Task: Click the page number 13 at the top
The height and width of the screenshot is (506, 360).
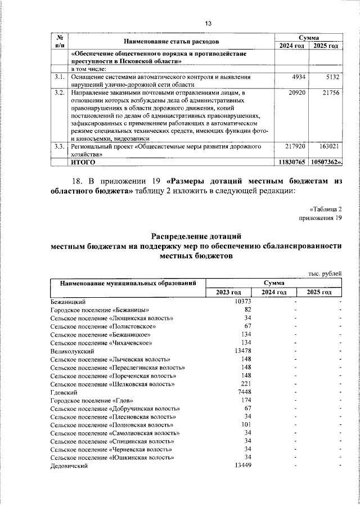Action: (208, 23)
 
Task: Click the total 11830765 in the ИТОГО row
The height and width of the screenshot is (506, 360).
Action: (291, 162)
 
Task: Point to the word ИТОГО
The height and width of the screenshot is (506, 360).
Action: (83, 162)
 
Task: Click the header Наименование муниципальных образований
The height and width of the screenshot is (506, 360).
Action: (128, 283)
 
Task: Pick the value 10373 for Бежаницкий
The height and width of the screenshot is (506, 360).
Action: (242, 302)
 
